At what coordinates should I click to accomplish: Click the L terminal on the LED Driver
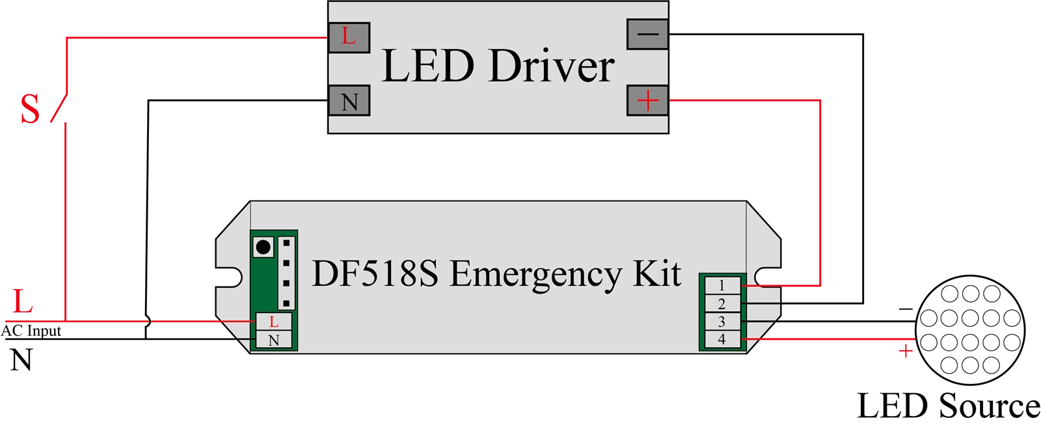349,37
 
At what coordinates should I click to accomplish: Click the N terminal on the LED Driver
349,102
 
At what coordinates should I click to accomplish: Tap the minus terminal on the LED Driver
648,34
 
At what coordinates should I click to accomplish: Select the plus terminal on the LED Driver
648,101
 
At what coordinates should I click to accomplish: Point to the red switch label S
30,110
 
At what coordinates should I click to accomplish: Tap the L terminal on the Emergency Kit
273,322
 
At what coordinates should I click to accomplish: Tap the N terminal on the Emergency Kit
273,340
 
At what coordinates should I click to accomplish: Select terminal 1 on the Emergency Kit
722,285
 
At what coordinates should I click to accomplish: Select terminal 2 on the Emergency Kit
722,303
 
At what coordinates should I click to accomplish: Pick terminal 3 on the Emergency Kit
722,322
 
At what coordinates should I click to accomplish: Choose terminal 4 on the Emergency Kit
722,339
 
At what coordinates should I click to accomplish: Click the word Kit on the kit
656,274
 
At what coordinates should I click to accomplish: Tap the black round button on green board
264,247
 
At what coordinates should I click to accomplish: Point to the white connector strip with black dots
286,273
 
